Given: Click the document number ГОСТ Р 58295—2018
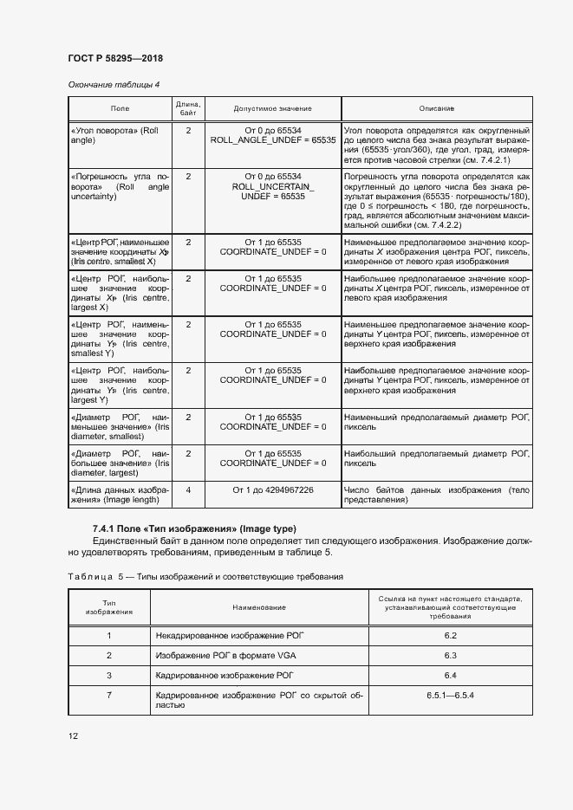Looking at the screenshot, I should point(114,58).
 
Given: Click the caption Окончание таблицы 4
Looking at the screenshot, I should point(114,84).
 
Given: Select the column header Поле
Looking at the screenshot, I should point(120,108).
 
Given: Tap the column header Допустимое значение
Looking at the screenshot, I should point(273,108).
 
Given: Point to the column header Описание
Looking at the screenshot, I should point(437,108).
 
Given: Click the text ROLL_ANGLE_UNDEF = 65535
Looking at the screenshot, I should point(273,139).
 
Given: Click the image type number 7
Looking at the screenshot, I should point(109,695).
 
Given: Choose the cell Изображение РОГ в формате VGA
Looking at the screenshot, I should point(225,655).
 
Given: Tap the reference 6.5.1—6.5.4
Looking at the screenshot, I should point(450,695).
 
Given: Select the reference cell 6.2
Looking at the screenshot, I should point(450,636).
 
